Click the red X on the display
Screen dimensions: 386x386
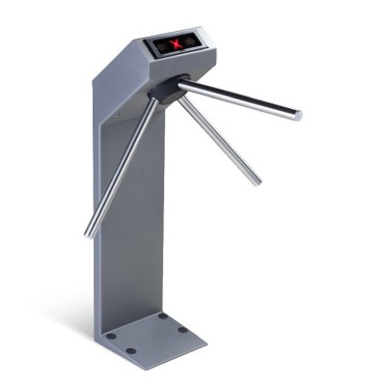pos(177,44)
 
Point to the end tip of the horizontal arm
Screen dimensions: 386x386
pos(298,115)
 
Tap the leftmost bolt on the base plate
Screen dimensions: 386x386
pos(111,337)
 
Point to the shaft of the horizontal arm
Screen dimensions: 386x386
pos(241,101)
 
